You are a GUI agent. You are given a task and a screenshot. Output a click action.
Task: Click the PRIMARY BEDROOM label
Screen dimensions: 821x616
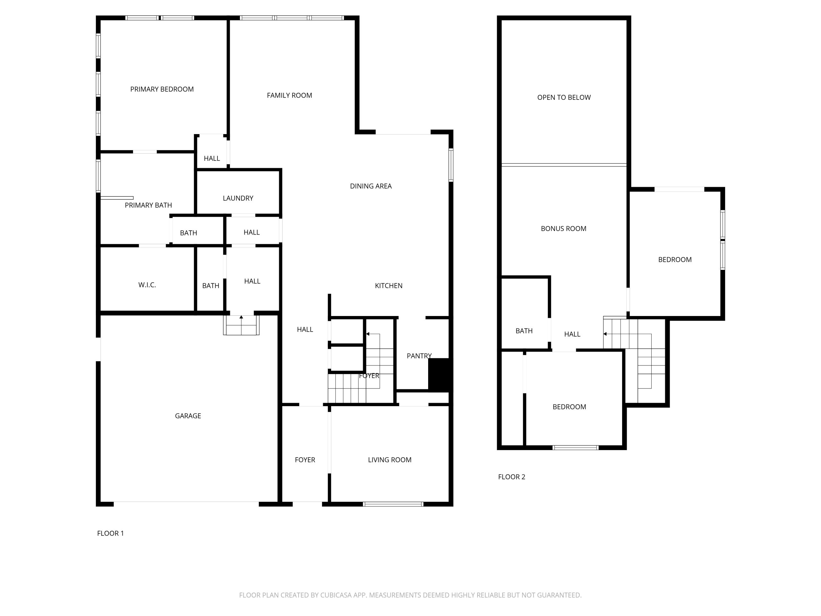pos(162,89)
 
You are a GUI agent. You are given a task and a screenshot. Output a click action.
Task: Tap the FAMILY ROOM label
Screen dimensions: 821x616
pos(289,95)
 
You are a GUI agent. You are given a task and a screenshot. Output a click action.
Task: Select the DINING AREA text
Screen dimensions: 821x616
pos(371,186)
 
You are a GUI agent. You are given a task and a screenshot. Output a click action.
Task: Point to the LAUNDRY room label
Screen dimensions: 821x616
pos(238,198)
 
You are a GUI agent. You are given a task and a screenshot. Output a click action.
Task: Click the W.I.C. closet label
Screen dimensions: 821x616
pos(147,285)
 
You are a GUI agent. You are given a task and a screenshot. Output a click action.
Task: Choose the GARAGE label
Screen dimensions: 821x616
pos(188,416)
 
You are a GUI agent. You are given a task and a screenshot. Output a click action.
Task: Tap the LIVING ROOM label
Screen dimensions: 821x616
pos(390,460)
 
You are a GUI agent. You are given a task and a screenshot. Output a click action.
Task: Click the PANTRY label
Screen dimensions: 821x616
pos(419,356)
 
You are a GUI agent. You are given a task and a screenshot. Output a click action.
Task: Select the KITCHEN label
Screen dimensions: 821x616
pos(389,286)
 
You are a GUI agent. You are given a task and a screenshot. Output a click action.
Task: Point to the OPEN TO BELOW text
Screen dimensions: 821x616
pos(564,97)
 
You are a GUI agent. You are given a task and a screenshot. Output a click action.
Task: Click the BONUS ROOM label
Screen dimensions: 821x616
pos(563,228)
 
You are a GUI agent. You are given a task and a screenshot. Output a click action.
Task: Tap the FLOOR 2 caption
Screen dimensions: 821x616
pos(512,477)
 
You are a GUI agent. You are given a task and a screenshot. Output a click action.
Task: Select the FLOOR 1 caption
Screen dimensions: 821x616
pos(110,533)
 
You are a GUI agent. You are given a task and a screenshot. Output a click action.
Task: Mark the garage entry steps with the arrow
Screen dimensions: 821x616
pos(241,325)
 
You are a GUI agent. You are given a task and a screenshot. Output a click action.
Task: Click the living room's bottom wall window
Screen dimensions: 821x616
pos(393,504)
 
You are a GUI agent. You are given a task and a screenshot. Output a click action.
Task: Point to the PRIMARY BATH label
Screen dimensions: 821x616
pos(148,205)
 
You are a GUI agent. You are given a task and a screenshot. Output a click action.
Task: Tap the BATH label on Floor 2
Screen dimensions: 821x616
pos(524,331)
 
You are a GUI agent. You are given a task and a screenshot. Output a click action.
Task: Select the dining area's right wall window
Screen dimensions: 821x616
pos(451,165)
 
